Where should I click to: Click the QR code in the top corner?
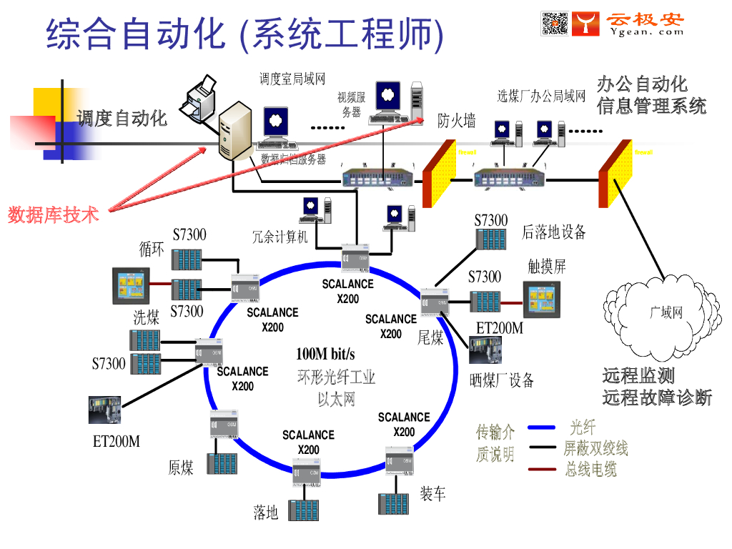tap(555, 24)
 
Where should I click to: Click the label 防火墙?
tap(456, 121)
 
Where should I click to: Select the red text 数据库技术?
tap(53, 214)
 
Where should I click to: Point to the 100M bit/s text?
tap(325, 354)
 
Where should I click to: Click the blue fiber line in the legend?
tap(541, 428)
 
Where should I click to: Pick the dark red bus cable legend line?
tap(541, 470)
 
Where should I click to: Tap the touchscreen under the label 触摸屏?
tap(542, 300)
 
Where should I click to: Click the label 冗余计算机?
tap(280, 236)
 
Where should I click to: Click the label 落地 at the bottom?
tap(266, 513)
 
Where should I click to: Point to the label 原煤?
tap(181, 468)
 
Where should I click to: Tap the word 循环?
tap(152, 249)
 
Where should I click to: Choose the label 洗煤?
tap(147, 317)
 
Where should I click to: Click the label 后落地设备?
tap(553, 232)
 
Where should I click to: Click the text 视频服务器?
tap(352, 105)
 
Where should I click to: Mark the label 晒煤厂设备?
tap(502, 380)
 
